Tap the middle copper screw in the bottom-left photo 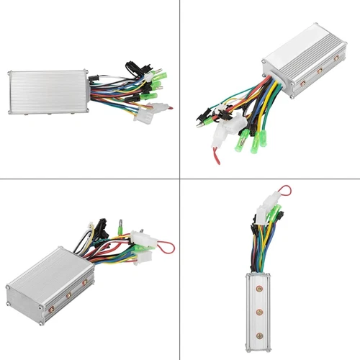[x=69, y=294]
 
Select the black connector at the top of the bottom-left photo [x=101, y=225]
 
